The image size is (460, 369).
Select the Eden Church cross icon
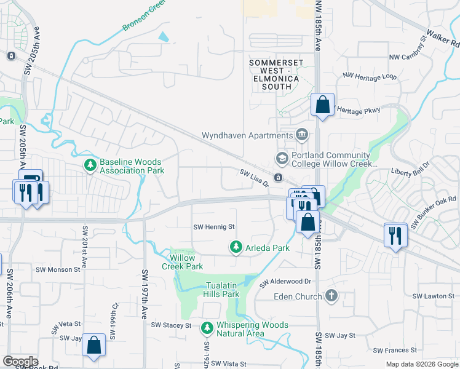(x=331, y=296)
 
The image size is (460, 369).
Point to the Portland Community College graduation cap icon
(x=282, y=159)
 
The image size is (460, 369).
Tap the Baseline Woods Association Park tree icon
(x=90, y=165)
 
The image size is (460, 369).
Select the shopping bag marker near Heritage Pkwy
(x=322, y=105)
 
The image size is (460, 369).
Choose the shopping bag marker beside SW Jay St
(x=93, y=346)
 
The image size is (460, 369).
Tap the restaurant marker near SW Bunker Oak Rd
(x=394, y=234)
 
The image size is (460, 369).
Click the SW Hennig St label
(x=215, y=226)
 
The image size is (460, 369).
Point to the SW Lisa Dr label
(x=254, y=179)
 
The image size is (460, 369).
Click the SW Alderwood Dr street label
(x=286, y=281)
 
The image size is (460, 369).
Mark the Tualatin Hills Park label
(x=221, y=290)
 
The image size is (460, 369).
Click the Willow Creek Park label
(x=182, y=262)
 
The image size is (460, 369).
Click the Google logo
(x=20, y=362)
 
